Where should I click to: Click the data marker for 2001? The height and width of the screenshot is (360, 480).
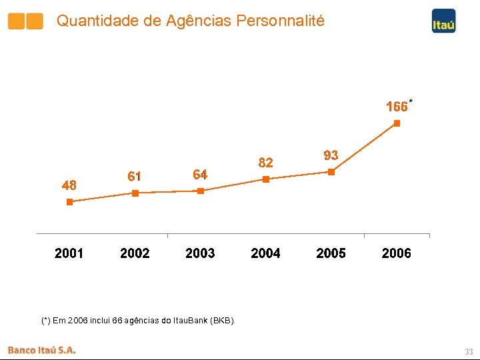[69, 202]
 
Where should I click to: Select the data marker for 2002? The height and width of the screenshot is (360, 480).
[135, 193]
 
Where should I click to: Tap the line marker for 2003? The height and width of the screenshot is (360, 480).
[201, 191]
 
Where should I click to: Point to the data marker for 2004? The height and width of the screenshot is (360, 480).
[266, 179]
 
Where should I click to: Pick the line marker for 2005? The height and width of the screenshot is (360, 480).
[331, 172]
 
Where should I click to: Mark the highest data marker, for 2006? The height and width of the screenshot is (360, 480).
[397, 123]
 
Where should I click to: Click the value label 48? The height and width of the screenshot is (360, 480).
[69, 186]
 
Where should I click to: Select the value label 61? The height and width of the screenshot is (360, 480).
[134, 177]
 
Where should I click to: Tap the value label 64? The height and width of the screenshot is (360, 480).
[200, 175]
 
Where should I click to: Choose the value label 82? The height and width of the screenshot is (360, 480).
[265, 163]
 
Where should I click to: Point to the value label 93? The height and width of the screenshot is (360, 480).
[331, 155]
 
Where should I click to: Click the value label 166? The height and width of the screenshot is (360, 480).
[397, 107]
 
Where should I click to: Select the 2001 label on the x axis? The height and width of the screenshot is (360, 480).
[69, 253]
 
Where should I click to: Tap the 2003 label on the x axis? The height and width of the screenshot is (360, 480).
[200, 253]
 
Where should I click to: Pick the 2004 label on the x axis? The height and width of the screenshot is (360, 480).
[265, 253]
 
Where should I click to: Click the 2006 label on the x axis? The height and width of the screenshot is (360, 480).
[397, 253]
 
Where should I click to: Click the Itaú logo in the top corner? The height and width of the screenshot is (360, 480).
[443, 21]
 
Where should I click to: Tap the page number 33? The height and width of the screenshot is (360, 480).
[469, 351]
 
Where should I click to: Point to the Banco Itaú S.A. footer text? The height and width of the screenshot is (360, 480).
[42, 350]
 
